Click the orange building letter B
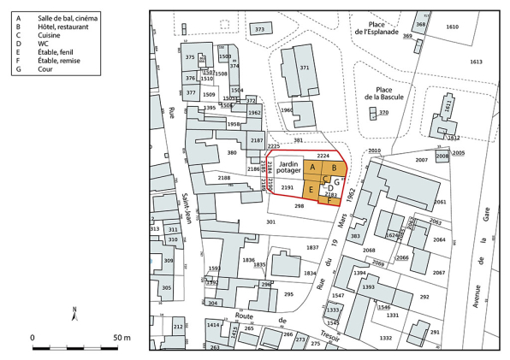click(334, 168)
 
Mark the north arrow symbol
click(76, 314)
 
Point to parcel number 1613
click(476, 62)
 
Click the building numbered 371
click(303, 68)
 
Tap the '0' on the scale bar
click(33, 339)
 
